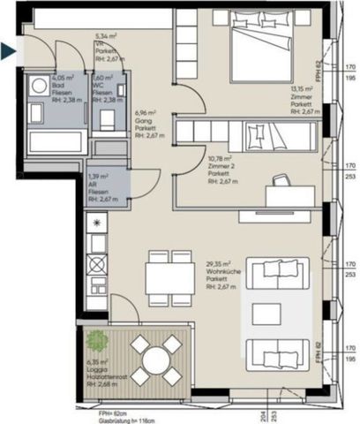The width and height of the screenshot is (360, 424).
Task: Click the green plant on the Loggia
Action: pos(94,338)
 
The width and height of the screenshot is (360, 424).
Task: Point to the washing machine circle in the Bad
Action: pos(40,87)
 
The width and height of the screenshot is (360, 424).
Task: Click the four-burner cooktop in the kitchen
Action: pos(96,264)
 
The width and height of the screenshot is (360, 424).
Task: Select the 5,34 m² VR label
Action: pos(107,38)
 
